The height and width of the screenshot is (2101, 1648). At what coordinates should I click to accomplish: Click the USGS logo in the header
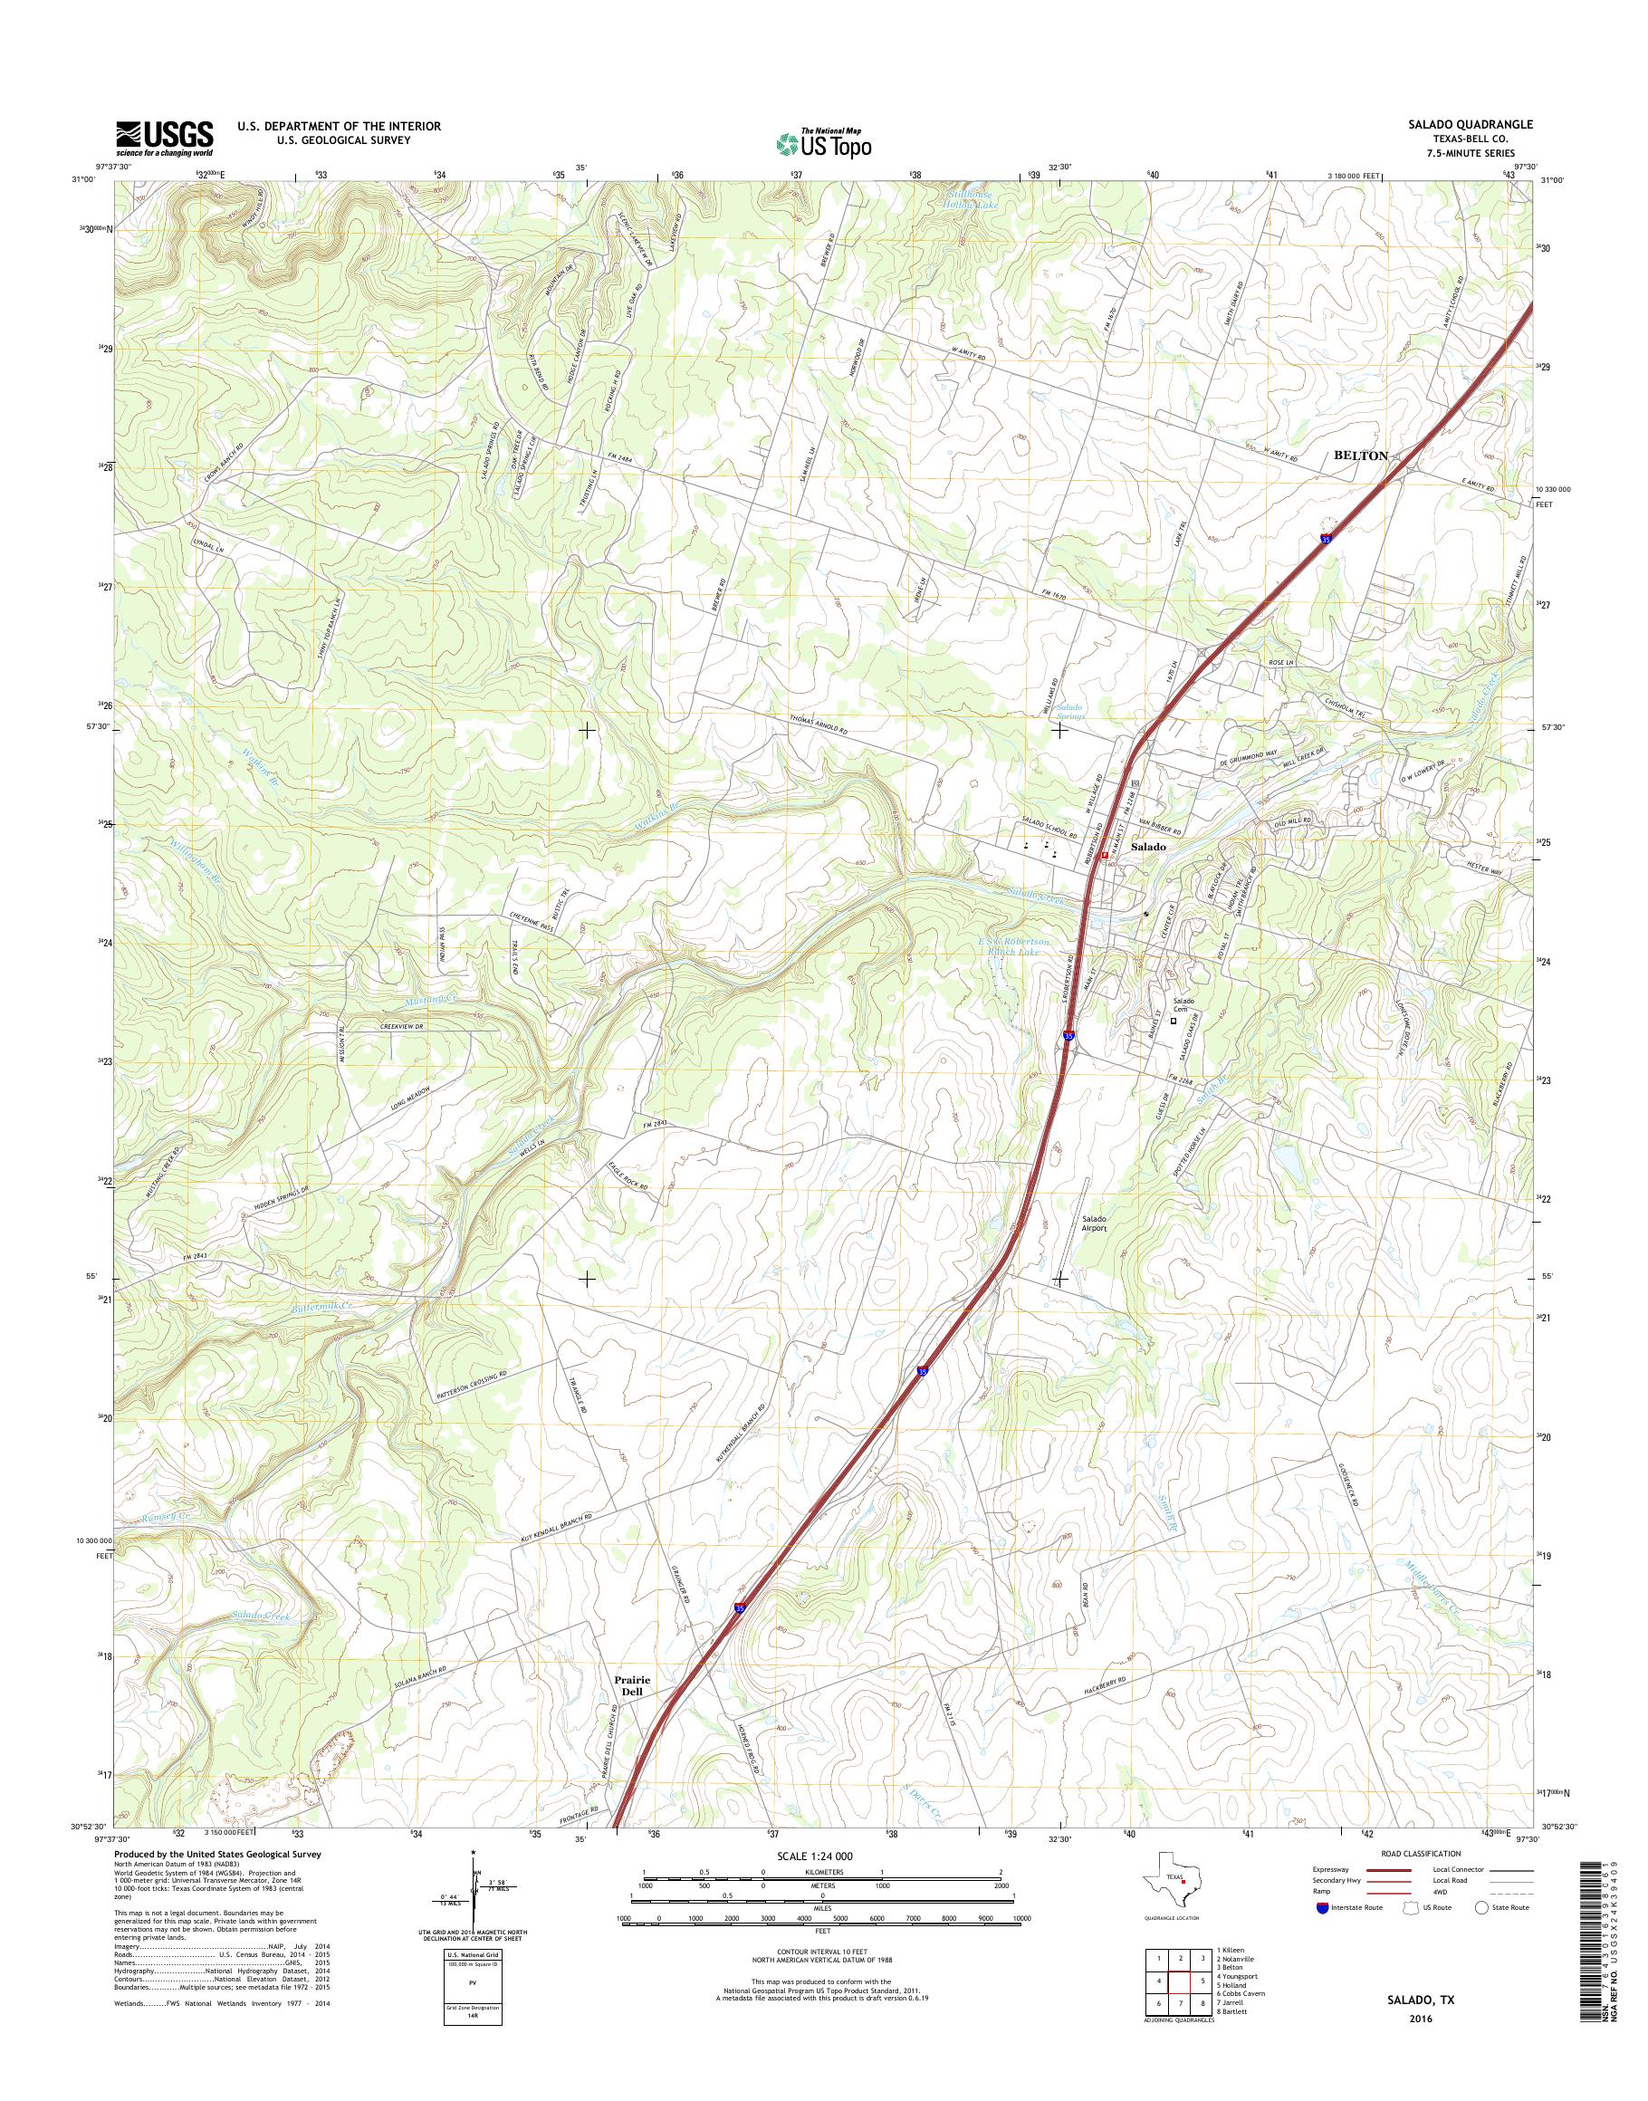pos(164,138)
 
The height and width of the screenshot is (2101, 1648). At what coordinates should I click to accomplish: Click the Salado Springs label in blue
pos(1069,711)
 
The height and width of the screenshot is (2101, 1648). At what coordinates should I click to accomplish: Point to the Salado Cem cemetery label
pos(1185,1004)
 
